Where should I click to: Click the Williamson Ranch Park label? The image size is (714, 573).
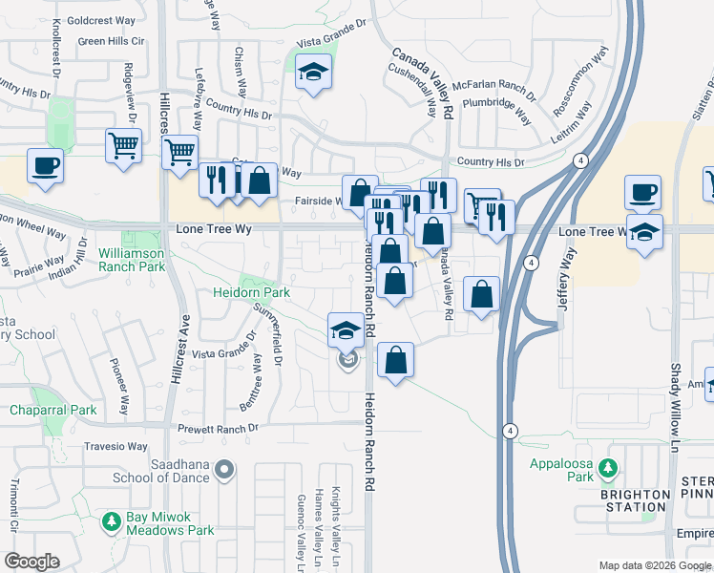pos(132,260)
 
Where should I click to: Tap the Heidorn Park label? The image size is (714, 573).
pos(264,292)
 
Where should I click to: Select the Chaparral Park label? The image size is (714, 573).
pos(53,410)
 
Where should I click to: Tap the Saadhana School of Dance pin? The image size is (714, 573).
pos(225,469)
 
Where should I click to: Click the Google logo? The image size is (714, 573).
pos(31,562)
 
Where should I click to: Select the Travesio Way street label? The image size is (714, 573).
pos(113,446)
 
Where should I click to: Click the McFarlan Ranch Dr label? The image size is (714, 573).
pos(494,85)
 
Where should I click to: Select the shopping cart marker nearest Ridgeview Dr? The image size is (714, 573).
pos(123,146)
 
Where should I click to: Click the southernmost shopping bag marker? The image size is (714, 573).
pos(395,360)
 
